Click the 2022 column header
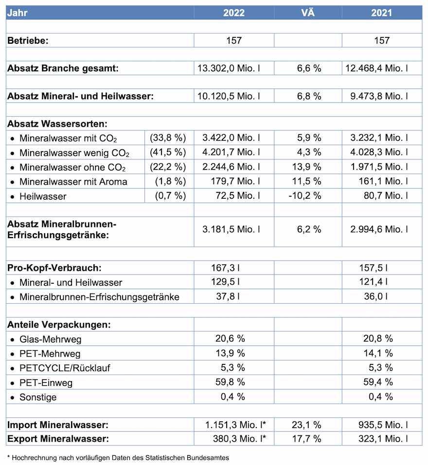click(x=233, y=13)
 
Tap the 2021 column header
click(x=382, y=13)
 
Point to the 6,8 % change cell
click(x=309, y=96)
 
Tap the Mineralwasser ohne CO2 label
click(x=72, y=168)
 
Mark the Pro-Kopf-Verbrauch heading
click(x=54, y=267)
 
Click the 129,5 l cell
click(x=230, y=282)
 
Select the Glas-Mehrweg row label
click(x=47, y=339)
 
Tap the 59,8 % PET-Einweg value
click(x=230, y=382)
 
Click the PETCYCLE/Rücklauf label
click(x=65, y=368)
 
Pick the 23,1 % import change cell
click(x=309, y=425)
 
